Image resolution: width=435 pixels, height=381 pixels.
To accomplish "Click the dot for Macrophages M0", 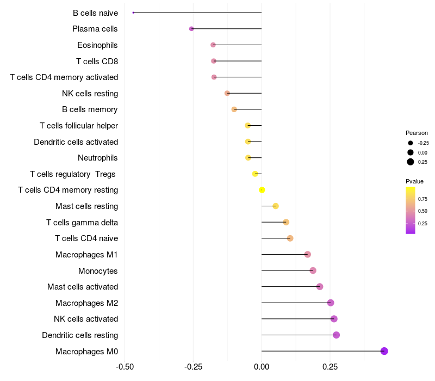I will (384, 351).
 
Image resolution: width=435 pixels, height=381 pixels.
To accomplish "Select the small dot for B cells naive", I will (133, 13).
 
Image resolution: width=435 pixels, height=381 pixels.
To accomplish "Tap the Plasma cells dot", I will (191, 29).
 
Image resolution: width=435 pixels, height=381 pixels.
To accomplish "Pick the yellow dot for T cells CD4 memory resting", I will (262, 190).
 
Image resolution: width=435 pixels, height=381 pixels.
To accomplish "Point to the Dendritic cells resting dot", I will (336, 335).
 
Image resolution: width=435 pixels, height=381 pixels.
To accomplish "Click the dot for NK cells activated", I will (334, 319).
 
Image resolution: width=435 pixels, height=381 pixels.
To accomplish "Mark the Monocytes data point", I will (313, 271).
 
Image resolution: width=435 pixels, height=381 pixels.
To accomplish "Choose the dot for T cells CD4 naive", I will (290, 238).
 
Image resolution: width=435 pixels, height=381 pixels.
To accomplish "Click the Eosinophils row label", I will (97, 45).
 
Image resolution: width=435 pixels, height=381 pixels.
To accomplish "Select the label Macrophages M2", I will (86, 303).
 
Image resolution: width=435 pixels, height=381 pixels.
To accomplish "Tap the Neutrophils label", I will (98, 158).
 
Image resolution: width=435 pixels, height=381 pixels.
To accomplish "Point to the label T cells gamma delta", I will (82, 223).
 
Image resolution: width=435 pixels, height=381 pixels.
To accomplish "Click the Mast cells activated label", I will (83, 287).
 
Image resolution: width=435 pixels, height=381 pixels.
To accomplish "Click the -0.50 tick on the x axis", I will (125, 367).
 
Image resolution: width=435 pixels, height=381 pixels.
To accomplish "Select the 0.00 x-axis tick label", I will (262, 367).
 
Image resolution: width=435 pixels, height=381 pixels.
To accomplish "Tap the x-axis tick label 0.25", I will (330, 367).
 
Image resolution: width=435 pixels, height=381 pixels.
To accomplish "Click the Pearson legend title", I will (417, 133).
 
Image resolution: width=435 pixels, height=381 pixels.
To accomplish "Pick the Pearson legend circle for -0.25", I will (411, 143).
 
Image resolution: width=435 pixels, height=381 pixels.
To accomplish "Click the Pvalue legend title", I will (414, 181).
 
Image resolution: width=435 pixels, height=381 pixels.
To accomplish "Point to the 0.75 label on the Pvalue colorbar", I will (422, 199).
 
